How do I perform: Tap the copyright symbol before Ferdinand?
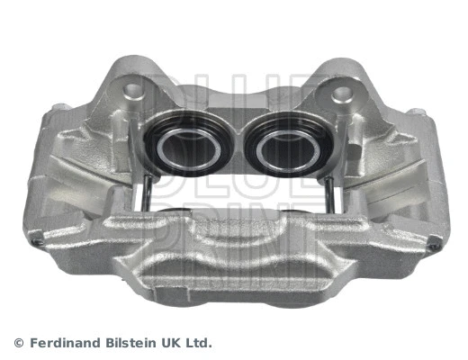pyautogui.click(x=19, y=343)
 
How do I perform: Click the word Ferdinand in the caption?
pyautogui.click(x=62, y=343)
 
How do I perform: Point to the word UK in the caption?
pyautogui.click(x=170, y=343)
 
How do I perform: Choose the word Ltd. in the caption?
pyautogui.click(x=199, y=343)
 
